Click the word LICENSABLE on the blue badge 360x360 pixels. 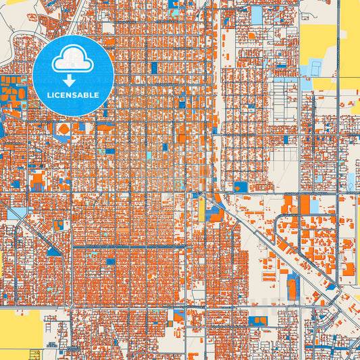(x=73, y=95)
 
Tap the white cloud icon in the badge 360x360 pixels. (x=73, y=60)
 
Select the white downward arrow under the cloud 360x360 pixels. (x=73, y=80)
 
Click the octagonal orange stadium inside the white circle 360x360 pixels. (x=63, y=129)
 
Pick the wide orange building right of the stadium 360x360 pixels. (x=105, y=126)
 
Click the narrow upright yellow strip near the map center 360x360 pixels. (x=201, y=209)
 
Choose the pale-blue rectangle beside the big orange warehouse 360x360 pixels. (x=257, y=15)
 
